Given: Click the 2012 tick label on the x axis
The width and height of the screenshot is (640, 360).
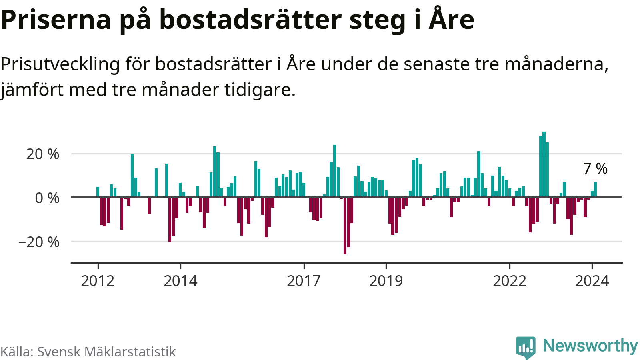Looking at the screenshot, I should coord(98,281).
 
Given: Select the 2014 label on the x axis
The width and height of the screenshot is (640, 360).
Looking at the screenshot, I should coord(180,281).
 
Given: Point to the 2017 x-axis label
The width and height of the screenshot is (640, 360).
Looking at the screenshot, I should coord(304,281).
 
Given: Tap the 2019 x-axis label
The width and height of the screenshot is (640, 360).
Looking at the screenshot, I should coord(386,281).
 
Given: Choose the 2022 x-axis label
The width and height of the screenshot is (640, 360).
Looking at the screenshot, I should coord(509,281).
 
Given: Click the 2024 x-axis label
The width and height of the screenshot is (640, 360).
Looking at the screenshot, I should coord(592,281).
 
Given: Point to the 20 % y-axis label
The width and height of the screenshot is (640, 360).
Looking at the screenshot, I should coord(42,154).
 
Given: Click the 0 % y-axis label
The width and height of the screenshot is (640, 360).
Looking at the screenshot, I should coord(47,198).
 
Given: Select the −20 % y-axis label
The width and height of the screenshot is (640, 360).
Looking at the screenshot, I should coord(39,242).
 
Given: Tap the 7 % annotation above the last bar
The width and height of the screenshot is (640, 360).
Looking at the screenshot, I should coord(595,168).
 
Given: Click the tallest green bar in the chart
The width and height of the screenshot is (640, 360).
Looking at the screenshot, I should coord(544,164).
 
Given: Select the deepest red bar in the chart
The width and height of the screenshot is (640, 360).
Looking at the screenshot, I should coord(345,226).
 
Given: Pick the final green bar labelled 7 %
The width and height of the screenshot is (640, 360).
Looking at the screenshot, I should coord(596,190).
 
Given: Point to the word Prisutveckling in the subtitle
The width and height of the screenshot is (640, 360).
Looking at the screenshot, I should coord(60,64).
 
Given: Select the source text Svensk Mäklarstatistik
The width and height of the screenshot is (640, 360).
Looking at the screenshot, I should coord(106,352).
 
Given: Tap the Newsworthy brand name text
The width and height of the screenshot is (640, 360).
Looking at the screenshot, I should coord(590,346).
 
